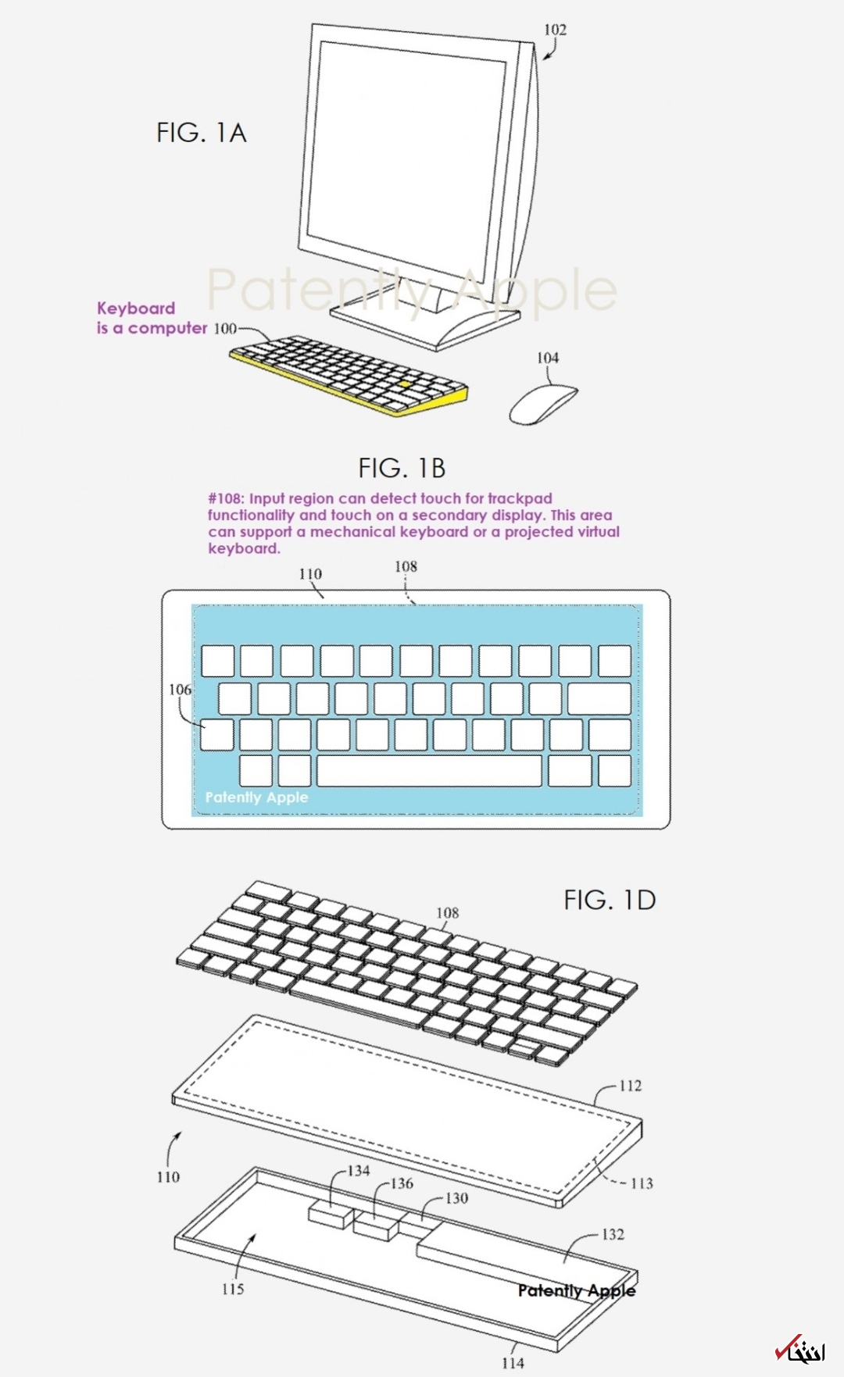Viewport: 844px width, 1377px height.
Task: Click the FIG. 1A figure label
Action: [202, 133]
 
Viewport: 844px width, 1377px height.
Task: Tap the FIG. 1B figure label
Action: [402, 468]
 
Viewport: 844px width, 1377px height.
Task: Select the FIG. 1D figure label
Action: [610, 900]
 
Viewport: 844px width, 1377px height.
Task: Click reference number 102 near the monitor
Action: [555, 30]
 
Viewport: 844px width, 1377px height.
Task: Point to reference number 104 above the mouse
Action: [548, 358]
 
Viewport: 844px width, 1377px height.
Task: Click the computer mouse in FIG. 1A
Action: [543, 404]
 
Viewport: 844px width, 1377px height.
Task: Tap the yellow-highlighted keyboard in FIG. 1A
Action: [349, 375]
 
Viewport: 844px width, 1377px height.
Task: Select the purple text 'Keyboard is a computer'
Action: [152, 318]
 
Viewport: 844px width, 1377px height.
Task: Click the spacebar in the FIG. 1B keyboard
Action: [429, 771]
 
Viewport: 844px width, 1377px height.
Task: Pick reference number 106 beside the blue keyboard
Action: [180, 690]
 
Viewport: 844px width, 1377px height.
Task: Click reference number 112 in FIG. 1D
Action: [630, 1086]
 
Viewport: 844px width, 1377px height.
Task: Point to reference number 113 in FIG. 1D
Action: [642, 1183]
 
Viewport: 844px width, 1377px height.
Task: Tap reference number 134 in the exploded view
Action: [359, 1171]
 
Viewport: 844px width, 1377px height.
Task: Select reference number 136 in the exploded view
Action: [402, 1184]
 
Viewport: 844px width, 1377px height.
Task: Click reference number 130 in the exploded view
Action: [456, 1198]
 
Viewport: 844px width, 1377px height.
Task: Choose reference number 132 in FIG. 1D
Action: [613, 1234]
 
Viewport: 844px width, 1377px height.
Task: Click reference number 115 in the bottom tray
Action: [233, 1289]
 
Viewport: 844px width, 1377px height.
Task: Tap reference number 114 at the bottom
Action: [513, 1363]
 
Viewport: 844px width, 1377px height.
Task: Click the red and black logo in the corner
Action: [799, 1349]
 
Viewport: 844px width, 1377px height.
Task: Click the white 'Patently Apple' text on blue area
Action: [256, 797]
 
